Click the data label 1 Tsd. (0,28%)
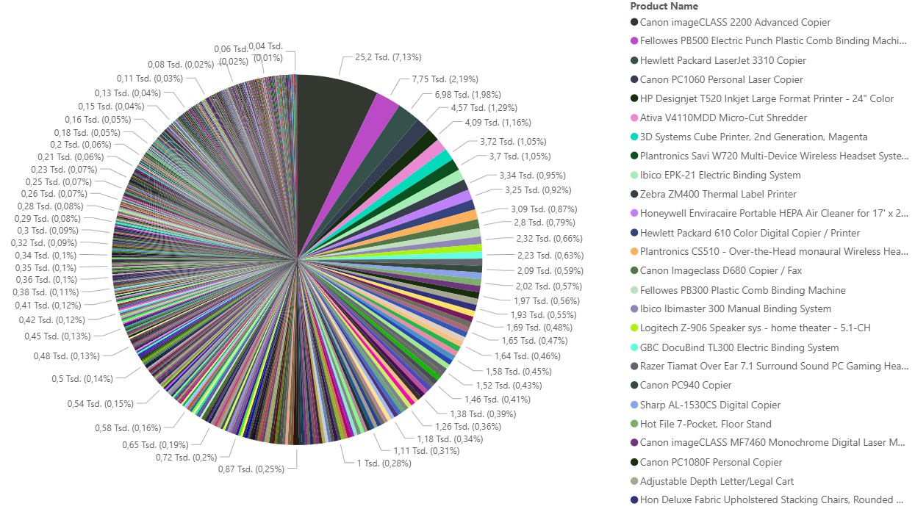(384, 463)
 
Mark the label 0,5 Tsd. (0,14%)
(82, 379)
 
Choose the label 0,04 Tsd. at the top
(266, 46)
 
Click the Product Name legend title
(664, 7)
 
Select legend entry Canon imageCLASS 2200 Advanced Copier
(735, 23)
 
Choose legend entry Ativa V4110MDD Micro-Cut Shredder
(723, 118)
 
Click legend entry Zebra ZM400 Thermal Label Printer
(718, 195)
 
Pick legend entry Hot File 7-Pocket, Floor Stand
(706, 424)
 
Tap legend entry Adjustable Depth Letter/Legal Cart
(717, 481)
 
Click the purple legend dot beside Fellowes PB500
(634, 41)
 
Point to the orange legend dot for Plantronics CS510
(634, 252)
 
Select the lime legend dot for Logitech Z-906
(634, 328)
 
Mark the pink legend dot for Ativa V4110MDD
(634, 118)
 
